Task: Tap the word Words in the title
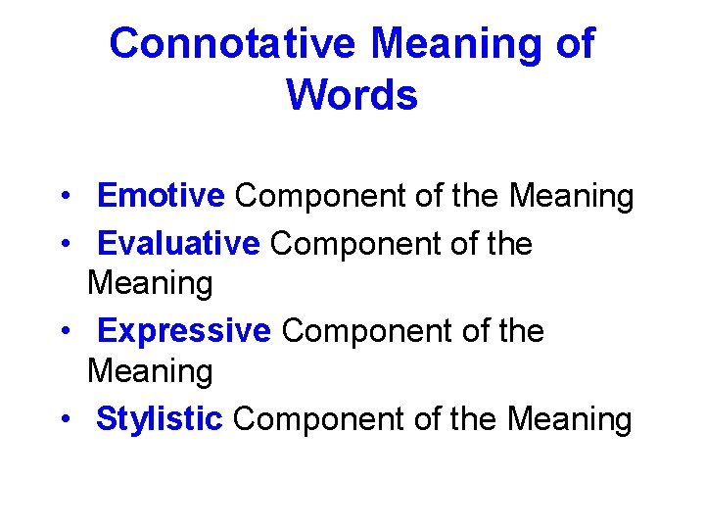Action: [x=352, y=95]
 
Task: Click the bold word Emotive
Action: [x=162, y=197]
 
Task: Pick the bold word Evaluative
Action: [x=179, y=243]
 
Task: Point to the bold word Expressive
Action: [x=184, y=331]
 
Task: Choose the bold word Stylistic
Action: [x=160, y=419]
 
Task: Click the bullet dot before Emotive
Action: [x=63, y=197]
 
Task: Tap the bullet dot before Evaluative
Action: [x=63, y=243]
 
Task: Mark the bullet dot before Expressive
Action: [x=63, y=331]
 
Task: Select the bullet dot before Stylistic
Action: [x=63, y=419]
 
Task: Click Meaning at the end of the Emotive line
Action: [x=571, y=197]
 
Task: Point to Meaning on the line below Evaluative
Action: [x=150, y=285]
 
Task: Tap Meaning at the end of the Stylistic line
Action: [x=570, y=419]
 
